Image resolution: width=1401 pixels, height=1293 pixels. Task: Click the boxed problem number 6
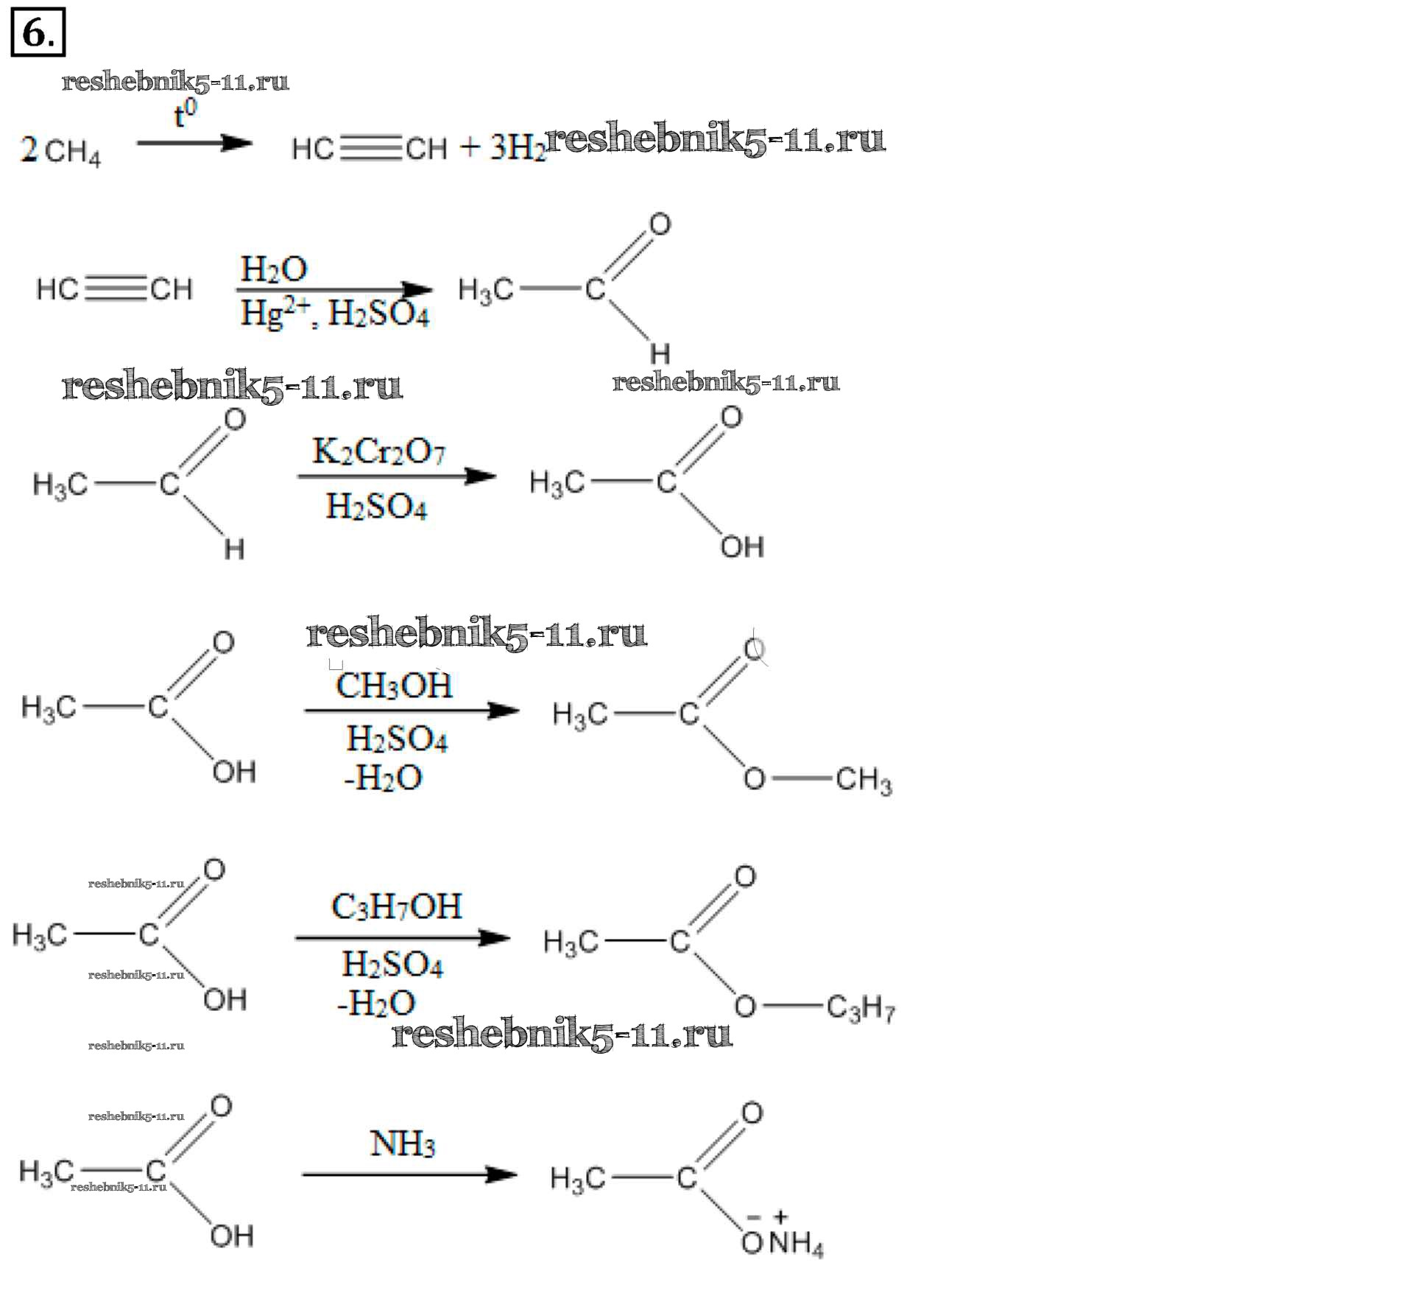point(38,32)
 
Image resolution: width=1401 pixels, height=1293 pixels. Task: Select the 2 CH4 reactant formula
point(60,151)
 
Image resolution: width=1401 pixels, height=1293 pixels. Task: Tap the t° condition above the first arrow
point(185,114)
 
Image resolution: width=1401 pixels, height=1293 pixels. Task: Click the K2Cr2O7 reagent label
point(379,451)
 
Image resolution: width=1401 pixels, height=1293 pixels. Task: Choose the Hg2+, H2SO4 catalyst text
point(335,313)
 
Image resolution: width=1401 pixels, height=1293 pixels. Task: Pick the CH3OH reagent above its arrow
point(394,686)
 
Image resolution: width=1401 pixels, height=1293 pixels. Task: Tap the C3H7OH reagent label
point(397,906)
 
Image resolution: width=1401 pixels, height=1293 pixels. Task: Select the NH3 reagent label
point(403,1144)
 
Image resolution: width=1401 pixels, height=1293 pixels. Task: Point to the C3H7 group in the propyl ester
point(861,1007)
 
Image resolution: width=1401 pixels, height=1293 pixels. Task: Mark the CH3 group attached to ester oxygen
point(864,780)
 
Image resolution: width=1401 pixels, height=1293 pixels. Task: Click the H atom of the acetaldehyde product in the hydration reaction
point(660,354)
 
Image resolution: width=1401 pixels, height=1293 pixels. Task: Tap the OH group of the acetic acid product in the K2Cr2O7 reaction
point(742,547)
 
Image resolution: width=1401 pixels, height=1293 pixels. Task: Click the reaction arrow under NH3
point(409,1174)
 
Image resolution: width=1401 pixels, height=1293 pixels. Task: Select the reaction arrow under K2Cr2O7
point(397,476)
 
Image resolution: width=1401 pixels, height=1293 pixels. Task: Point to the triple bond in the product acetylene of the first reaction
point(372,148)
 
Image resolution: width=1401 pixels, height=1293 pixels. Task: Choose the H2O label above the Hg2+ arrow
point(273,269)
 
